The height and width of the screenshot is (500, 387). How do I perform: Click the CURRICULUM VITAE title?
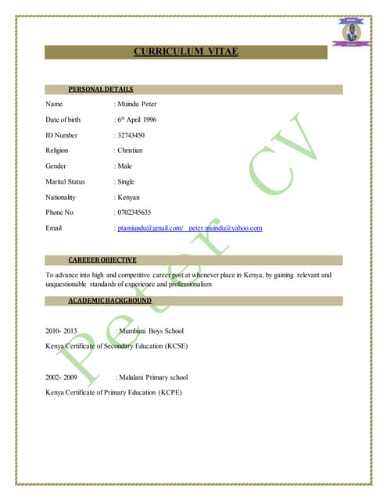[x=185, y=52]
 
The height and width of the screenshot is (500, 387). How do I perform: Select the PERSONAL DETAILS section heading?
[x=101, y=89]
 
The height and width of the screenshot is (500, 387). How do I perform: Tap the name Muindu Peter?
[x=137, y=103]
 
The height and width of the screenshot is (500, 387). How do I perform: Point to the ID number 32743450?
[x=131, y=134]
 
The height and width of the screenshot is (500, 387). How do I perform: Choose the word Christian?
[x=130, y=150]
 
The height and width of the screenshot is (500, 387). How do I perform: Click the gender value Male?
[x=125, y=166]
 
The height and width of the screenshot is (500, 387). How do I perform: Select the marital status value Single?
[x=126, y=181]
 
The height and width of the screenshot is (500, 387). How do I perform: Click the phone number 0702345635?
[x=134, y=212]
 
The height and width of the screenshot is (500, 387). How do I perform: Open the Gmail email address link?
[x=149, y=228]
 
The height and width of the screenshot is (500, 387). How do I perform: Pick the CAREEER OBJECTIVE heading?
[x=102, y=259]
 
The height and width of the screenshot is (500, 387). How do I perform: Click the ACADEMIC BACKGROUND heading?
[x=109, y=300]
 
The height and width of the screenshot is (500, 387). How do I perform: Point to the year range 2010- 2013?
[x=62, y=331]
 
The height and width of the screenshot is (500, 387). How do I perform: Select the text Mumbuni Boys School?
[x=151, y=331]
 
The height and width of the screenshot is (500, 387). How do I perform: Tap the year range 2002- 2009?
[x=62, y=377]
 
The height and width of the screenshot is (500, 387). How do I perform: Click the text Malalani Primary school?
[x=153, y=377]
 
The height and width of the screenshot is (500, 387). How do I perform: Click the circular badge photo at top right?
[x=351, y=32]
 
